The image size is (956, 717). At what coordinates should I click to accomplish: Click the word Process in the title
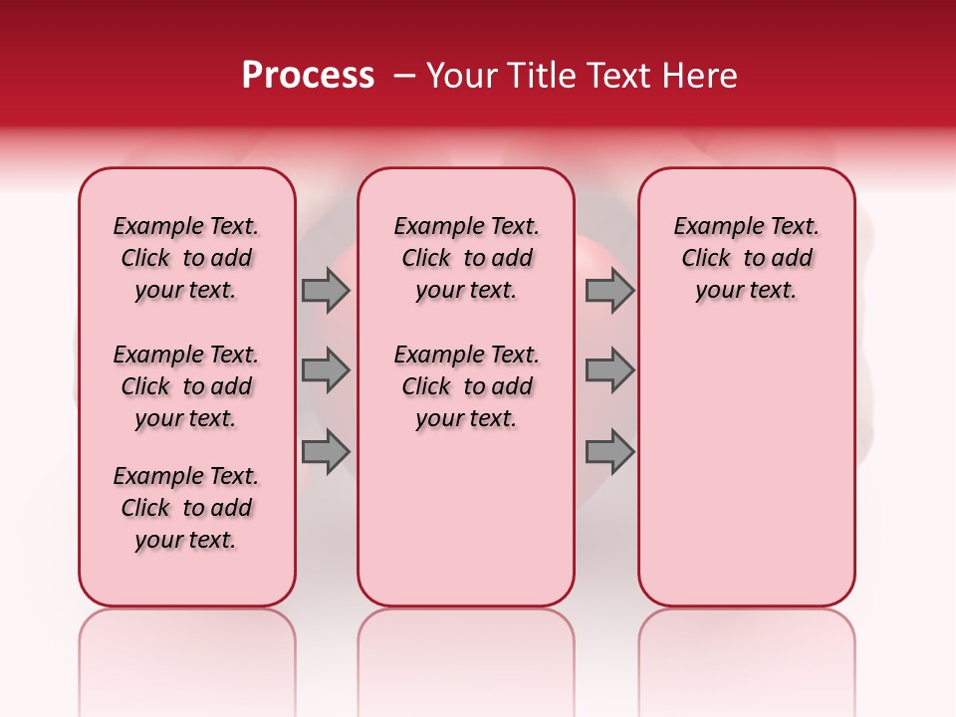point(308,75)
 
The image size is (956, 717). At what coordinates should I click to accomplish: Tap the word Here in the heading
point(697,76)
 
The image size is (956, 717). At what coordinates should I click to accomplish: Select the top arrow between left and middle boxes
point(326,290)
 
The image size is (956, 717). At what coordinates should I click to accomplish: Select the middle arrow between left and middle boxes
point(326,370)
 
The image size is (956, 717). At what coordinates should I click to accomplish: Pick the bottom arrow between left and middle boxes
point(326,452)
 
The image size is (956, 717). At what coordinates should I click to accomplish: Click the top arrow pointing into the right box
point(609,290)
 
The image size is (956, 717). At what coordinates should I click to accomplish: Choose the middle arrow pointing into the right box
point(609,370)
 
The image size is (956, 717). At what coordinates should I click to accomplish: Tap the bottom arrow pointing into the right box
point(609,452)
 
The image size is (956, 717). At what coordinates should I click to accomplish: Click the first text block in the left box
point(186,258)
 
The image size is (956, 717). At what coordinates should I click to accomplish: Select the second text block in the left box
point(186,386)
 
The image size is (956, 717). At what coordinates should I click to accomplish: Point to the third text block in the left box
point(186,508)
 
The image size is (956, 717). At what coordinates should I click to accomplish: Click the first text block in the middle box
point(466,258)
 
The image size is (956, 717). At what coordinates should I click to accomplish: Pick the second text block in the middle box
point(466,386)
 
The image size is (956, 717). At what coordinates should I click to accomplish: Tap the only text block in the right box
point(746,258)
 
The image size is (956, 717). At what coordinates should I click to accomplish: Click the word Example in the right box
point(710,226)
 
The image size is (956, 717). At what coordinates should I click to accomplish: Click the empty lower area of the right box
point(746,468)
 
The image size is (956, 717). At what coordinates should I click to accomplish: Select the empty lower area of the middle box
point(466,518)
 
